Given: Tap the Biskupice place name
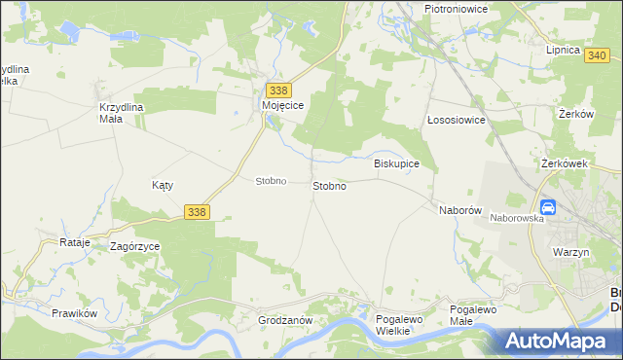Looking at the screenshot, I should point(396,164).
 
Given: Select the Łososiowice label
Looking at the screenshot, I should point(457,121).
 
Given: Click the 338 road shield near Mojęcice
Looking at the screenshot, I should point(277,90).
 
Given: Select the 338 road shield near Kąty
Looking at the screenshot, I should point(197,211).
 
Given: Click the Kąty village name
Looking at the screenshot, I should point(162,184).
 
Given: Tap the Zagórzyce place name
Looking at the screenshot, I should point(134,247).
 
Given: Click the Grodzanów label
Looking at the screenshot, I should point(284,320).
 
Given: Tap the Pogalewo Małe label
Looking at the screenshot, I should point(473,315).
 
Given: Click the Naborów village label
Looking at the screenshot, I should point(460,210).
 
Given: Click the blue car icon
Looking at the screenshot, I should point(548,207).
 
